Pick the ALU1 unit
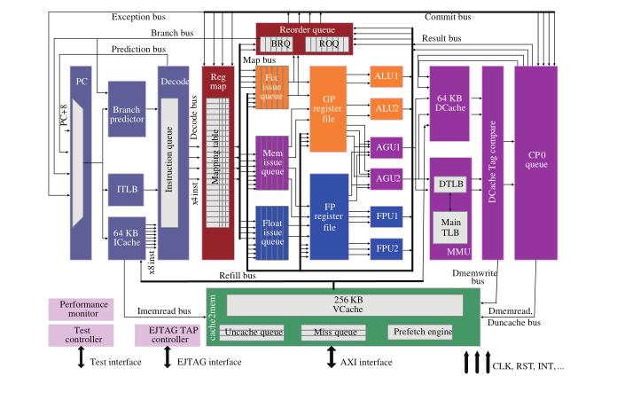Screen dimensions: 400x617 387,77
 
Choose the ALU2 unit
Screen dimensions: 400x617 387,108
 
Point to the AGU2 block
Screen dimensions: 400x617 387,178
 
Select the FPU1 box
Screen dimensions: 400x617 387,216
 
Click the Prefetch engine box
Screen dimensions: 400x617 420,333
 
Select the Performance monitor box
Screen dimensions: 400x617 81,309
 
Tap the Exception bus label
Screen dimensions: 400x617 143,17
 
